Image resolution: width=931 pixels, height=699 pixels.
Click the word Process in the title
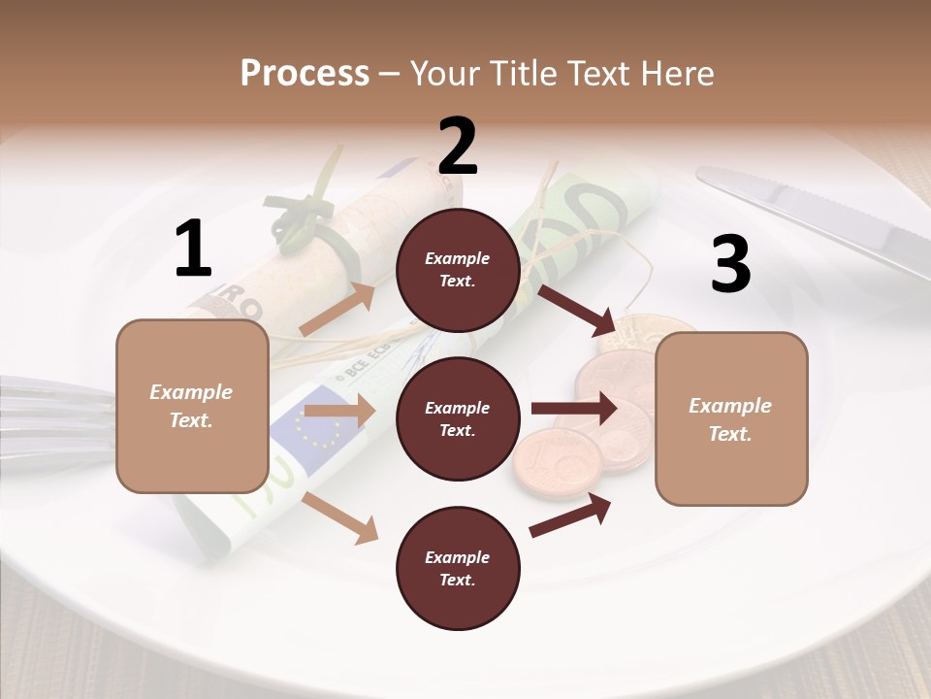[305, 74]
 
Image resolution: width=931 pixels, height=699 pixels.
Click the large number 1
[193, 250]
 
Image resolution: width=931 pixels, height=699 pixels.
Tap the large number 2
[458, 147]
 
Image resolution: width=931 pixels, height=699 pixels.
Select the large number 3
[730, 265]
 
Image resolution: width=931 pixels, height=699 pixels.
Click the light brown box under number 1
[192, 406]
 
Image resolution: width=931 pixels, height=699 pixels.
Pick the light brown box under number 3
[731, 418]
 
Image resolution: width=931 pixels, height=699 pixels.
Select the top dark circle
[458, 270]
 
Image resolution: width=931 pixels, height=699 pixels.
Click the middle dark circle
[458, 418]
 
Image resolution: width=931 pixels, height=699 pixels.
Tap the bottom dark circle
[458, 568]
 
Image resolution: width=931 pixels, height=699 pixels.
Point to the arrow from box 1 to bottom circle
[340, 517]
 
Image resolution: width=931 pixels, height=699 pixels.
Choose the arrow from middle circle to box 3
[573, 409]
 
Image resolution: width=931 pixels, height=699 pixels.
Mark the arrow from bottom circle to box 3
[571, 515]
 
